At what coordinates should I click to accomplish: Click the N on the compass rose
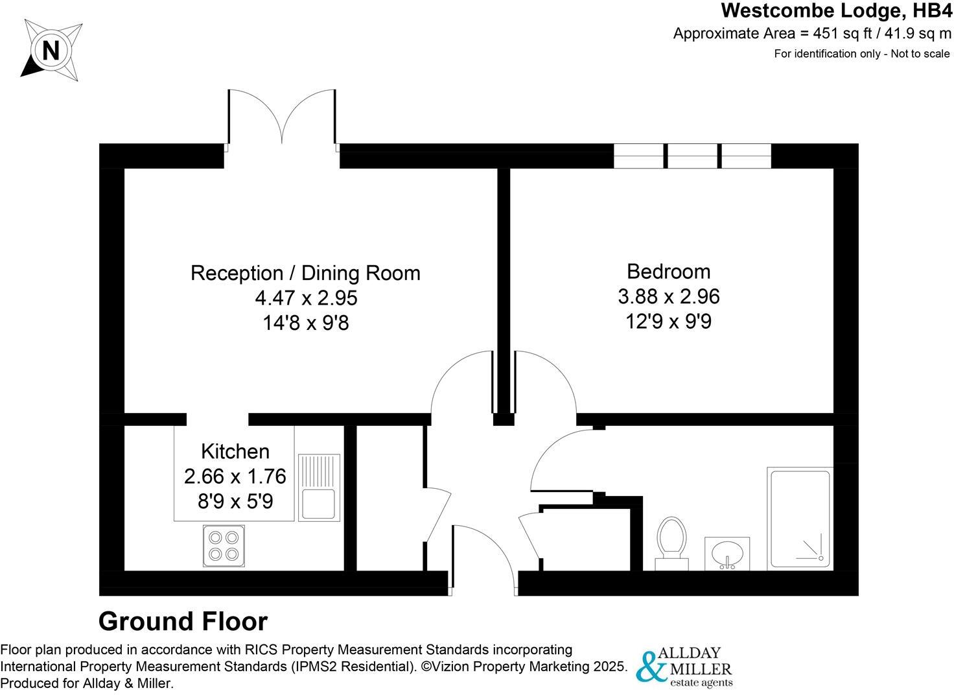51,50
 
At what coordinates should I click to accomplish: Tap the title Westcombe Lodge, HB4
836,11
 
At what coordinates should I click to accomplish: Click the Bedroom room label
668,271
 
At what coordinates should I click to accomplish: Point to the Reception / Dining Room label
305,273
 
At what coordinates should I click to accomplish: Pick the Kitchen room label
235,451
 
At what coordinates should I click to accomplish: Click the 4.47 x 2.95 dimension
306,298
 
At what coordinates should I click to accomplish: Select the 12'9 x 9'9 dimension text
668,321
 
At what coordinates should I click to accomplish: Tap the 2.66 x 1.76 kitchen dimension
235,477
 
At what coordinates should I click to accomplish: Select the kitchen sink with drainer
318,487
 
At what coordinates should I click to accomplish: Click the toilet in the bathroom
671,543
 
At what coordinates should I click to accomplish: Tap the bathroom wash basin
727,554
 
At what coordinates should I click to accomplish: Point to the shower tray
800,519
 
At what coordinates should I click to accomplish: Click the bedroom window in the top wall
692,156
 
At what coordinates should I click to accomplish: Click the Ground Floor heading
183,621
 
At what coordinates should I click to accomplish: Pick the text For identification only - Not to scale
861,54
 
